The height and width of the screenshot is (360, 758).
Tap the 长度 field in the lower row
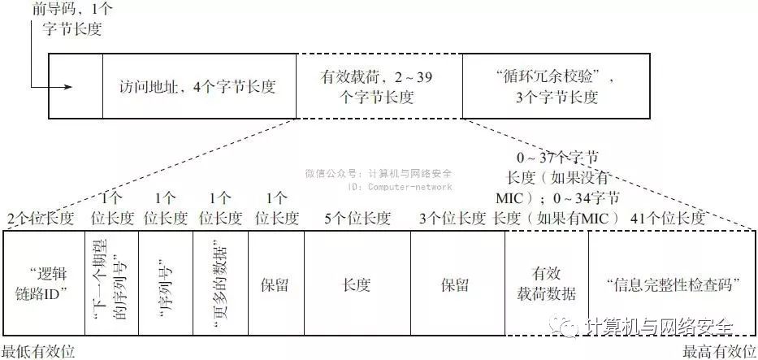357,285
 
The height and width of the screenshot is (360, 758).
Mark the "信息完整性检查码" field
670,284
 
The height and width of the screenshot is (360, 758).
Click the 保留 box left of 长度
275,285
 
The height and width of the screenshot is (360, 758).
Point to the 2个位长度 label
41,219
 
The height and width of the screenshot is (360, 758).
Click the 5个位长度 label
357,219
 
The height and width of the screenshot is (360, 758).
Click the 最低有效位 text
38,351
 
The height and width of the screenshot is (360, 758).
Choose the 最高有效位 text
719,351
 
